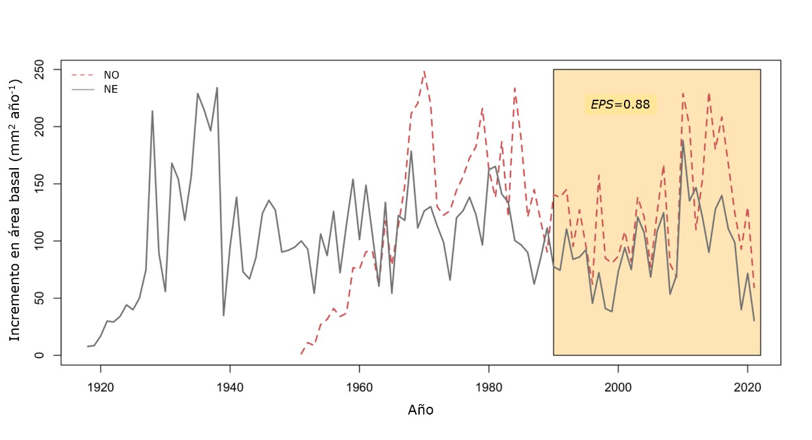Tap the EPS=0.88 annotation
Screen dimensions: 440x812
point(620,104)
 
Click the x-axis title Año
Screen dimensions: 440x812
point(420,410)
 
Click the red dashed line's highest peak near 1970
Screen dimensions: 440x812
point(424,71)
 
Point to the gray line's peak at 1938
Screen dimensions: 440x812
point(217,88)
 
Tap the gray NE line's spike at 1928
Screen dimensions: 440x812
point(152,111)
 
